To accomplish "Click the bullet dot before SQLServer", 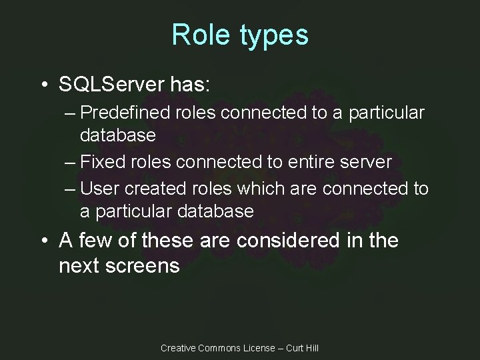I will click(43, 85).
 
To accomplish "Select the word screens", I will click(140, 265).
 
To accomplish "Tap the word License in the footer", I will click(263, 347).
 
